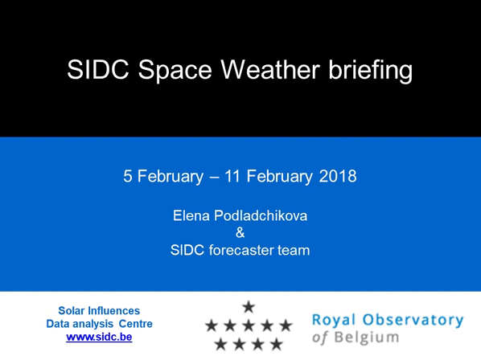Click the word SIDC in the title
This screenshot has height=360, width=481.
(98, 70)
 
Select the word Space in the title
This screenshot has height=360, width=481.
(175, 71)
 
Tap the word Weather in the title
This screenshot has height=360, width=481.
(270, 70)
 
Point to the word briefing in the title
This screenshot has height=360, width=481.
(371, 71)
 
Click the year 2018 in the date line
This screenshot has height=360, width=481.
(338, 177)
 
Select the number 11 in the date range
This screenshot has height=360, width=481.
(232, 177)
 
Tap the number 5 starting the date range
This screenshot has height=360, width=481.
(127, 177)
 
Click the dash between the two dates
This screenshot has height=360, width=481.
(214, 178)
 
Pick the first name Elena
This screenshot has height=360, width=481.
(191, 215)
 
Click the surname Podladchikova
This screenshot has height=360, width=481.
(261, 215)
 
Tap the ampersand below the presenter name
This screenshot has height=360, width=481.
(240, 233)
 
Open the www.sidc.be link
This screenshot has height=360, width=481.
(99, 337)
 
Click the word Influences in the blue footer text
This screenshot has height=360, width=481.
(113, 311)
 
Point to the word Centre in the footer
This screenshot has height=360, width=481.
(136, 324)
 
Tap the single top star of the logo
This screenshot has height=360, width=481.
(249, 307)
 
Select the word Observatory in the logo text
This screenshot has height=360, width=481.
(413, 321)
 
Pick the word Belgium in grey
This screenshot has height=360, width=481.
(367, 338)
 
